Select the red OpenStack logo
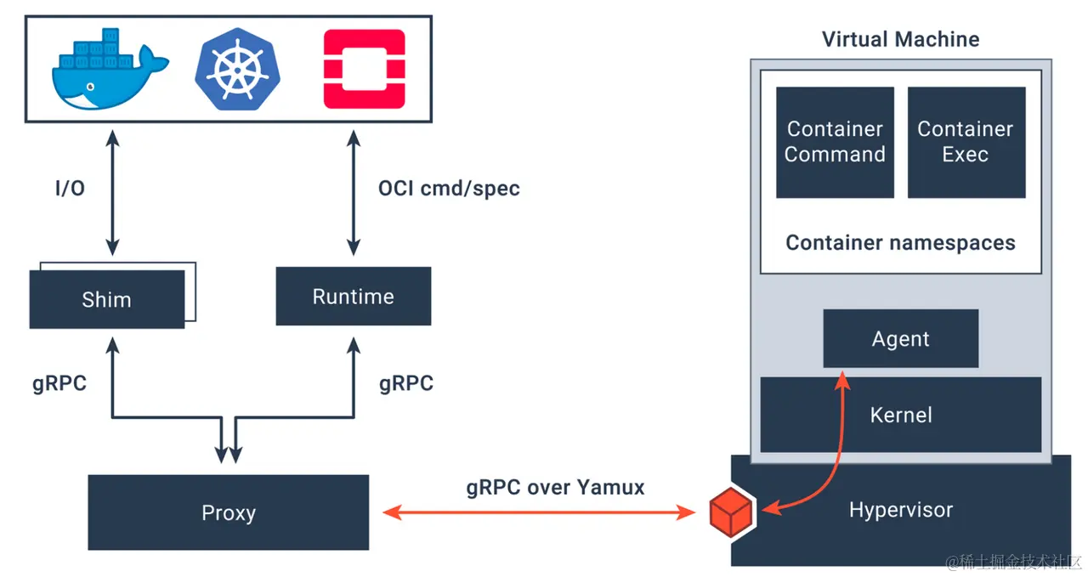[364, 69]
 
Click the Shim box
[106, 299]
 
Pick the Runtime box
[353, 297]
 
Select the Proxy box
[228, 512]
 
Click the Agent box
[900, 338]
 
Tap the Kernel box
[900, 415]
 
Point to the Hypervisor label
[900, 510]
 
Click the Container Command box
[835, 142]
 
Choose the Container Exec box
[966, 142]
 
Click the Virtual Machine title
[900, 39]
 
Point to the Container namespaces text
[900, 242]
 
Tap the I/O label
[70, 189]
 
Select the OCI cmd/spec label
[449, 188]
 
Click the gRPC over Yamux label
[555, 487]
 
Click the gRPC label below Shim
[59, 383]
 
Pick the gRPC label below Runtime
[406, 383]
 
